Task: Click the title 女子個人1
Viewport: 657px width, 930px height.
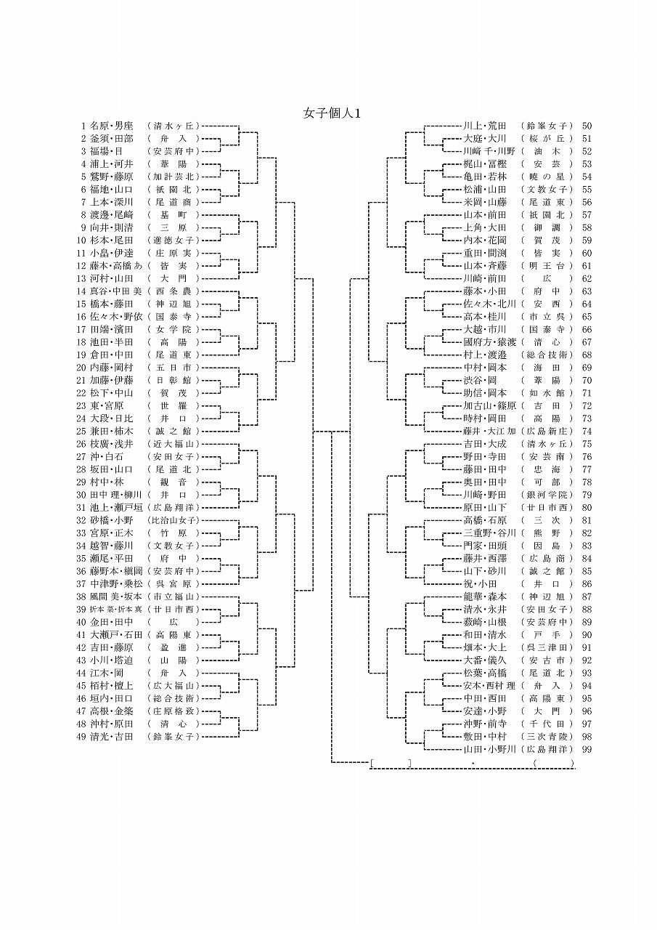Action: point(332,113)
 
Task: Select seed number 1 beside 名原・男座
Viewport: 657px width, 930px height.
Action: point(84,126)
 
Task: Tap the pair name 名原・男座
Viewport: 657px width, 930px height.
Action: point(112,126)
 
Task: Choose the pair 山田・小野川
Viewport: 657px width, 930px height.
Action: point(490,749)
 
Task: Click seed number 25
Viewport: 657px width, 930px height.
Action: point(82,431)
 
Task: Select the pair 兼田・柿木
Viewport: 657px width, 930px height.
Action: point(112,431)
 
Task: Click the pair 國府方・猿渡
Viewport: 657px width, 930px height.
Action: point(490,342)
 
